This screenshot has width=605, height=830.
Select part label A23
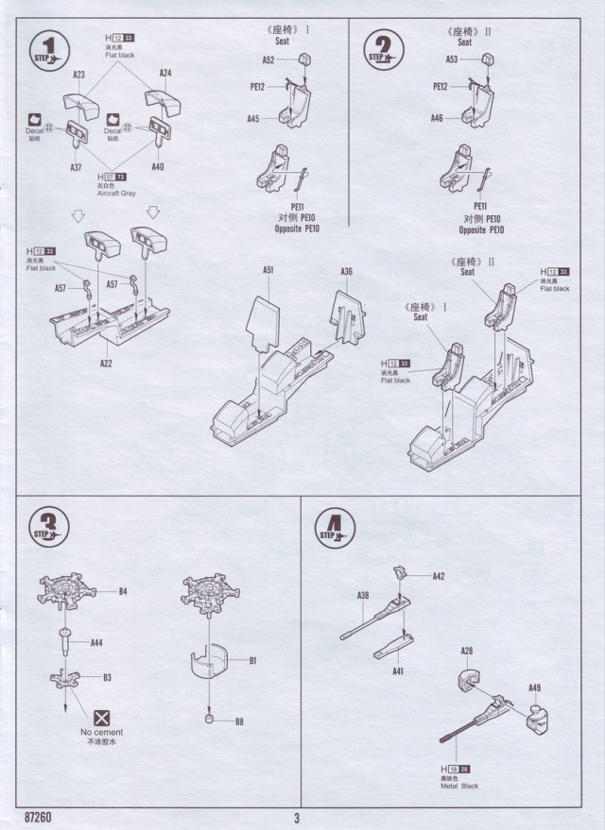click(x=79, y=74)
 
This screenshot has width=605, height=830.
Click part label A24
click(x=165, y=73)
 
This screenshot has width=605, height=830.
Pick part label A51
click(x=268, y=271)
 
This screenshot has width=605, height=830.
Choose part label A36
click(x=347, y=271)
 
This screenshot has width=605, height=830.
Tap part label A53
click(x=452, y=59)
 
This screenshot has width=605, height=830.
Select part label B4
click(x=123, y=592)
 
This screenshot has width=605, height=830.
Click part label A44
click(x=96, y=642)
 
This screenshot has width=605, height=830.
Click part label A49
click(x=535, y=687)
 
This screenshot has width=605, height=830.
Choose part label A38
click(x=363, y=595)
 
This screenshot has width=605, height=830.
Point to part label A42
click(x=439, y=576)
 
